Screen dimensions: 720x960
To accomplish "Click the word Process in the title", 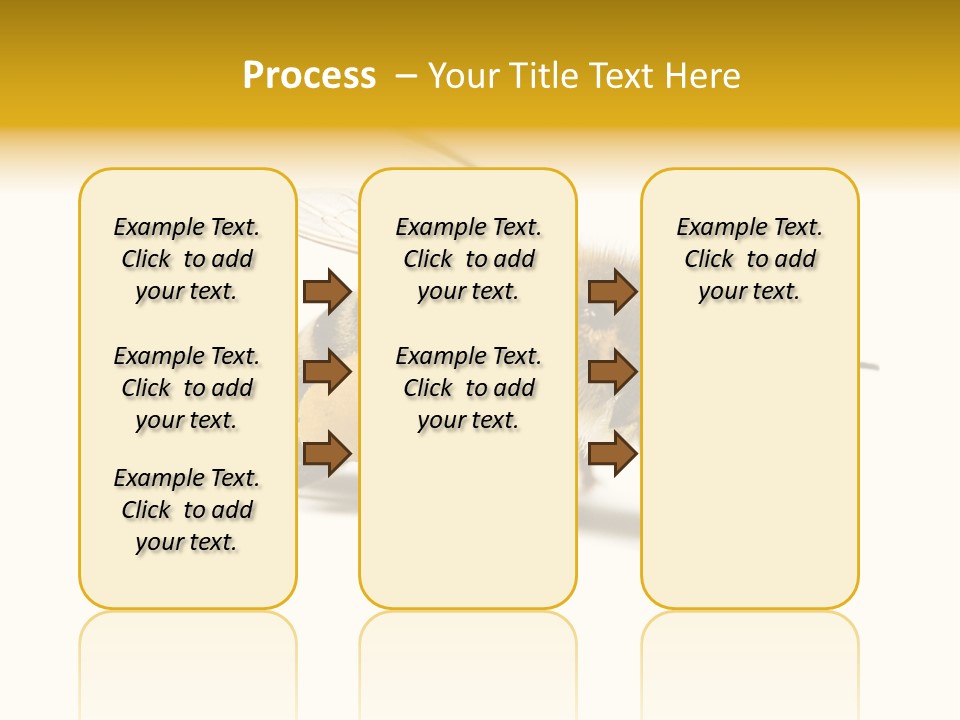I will click(x=309, y=76).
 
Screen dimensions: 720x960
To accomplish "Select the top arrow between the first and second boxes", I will click(x=326, y=291).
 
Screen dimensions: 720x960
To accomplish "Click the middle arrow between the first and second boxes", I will click(x=326, y=372).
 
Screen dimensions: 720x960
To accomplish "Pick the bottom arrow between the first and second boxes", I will click(x=326, y=454).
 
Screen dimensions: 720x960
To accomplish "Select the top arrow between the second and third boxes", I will click(x=612, y=291).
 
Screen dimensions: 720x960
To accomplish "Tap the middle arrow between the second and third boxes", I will click(x=612, y=372).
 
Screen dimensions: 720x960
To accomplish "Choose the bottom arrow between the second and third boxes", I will click(x=612, y=454).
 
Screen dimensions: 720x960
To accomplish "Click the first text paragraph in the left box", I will click(x=187, y=259).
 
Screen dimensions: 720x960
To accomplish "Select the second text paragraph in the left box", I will click(x=187, y=388).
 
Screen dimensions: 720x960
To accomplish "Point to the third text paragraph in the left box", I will click(x=187, y=510).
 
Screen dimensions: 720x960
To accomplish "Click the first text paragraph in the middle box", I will click(x=468, y=259).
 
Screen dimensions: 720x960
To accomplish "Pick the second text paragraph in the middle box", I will click(x=468, y=388).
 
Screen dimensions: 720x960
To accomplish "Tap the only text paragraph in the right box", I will click(x=750, y=259).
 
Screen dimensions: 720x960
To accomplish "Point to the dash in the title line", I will click(x=406, y=76).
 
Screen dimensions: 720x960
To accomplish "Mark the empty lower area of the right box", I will click(x=750, y=470).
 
